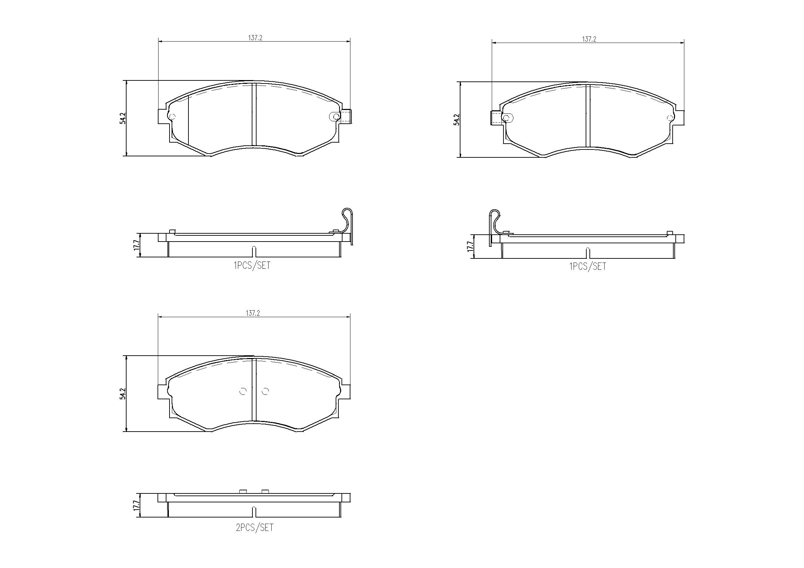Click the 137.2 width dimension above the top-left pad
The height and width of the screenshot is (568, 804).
(255, 38)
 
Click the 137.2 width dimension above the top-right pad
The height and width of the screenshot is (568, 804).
(589, 40)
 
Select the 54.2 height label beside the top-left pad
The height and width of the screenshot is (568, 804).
(122, 118)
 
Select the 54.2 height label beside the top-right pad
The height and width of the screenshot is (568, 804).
(456, 120)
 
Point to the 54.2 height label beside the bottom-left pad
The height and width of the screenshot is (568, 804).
(122, 393)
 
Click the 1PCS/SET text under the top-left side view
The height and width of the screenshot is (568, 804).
(252, 266)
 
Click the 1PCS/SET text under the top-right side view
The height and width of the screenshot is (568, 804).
(587, 267)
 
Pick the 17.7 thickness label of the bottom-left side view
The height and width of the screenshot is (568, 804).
(136, 505)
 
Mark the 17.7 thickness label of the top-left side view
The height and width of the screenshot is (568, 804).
(136, 245)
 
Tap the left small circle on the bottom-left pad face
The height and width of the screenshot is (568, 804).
(243, 391)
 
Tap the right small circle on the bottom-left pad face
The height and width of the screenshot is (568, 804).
(265, 391)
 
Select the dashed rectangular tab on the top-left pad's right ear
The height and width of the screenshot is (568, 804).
(346, 116)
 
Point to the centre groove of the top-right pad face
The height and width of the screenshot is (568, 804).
(588, 115)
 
